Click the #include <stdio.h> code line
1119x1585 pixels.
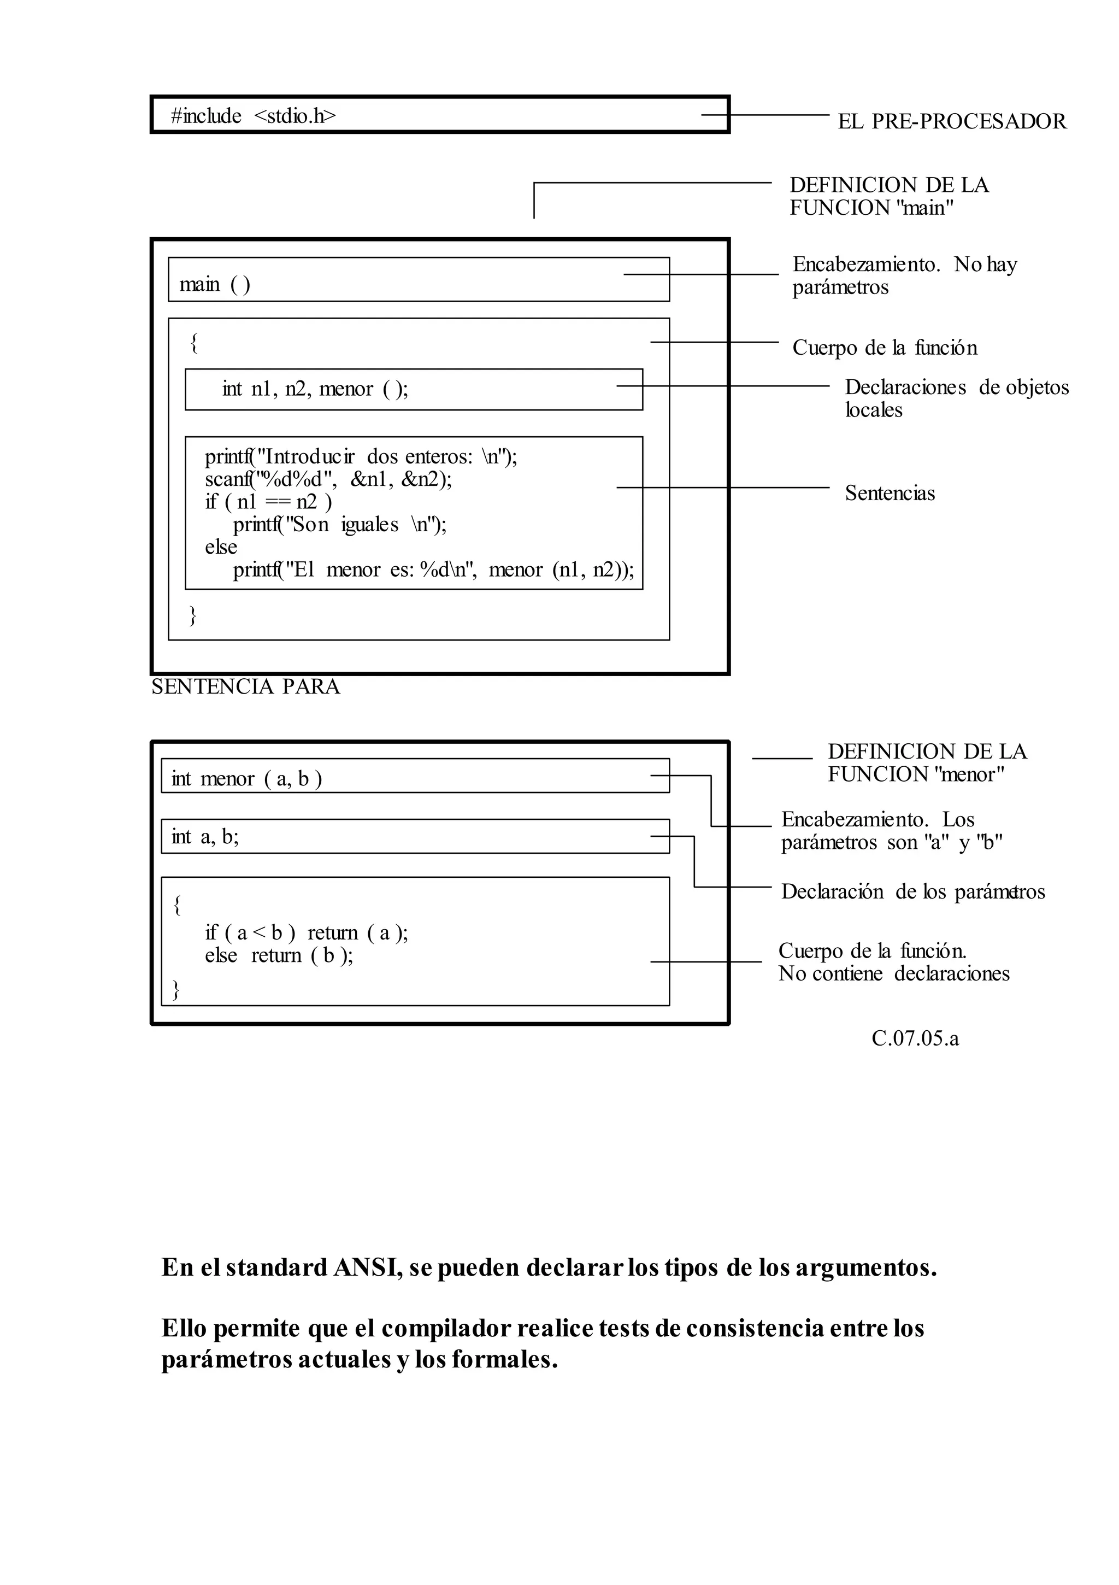pos(254,116)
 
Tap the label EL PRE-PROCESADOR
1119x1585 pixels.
pos(951,121)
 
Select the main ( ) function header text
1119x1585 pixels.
pos(215,284)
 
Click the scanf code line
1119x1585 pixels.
pos(328,479)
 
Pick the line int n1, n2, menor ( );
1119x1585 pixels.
pos(315,389)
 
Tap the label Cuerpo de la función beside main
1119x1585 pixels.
pos(884,347)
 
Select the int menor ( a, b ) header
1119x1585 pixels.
pos(246,779)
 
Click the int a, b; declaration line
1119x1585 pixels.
pos(205,837)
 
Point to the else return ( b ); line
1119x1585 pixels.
pos(279,955)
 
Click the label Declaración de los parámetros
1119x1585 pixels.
pos(912,892)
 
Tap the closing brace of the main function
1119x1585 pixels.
pos(193,614)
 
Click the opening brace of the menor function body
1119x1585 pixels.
pos(178,905)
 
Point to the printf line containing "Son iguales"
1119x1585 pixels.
pos(340,525)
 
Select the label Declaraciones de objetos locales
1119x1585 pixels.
pos(956,398)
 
